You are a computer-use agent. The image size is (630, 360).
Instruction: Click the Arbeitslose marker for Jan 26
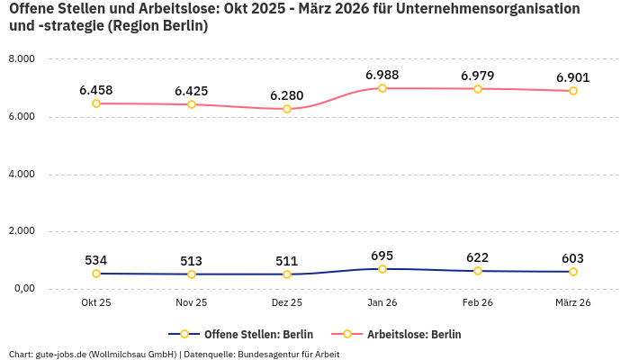coord(382,88)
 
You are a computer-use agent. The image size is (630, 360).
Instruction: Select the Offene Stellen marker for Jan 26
coord(382,269)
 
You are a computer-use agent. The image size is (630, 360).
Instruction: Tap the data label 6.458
coord(96,90)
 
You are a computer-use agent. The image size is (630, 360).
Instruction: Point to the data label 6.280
coord(287,95)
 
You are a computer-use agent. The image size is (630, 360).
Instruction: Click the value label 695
coord(382,256)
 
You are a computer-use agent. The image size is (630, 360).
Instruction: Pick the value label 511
coord(287,261)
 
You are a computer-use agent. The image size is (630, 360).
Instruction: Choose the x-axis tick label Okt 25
coord(96,302)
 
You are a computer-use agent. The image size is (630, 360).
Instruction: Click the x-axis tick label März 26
coord(573,302)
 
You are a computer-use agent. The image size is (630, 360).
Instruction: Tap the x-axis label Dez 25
coord(287,302)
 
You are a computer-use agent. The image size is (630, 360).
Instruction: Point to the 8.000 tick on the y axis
coord(22,59)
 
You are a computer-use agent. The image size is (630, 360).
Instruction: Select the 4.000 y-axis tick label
coord(22,174)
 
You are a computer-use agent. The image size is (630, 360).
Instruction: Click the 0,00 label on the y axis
coord(22,289)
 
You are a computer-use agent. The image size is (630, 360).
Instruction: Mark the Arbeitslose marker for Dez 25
coord(287,109)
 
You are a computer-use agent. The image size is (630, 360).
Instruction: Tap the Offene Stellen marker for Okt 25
coord(96,274)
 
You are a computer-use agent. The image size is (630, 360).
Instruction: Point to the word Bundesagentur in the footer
coord(271,354)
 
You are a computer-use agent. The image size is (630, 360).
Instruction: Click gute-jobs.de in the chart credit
coord(60,354)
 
